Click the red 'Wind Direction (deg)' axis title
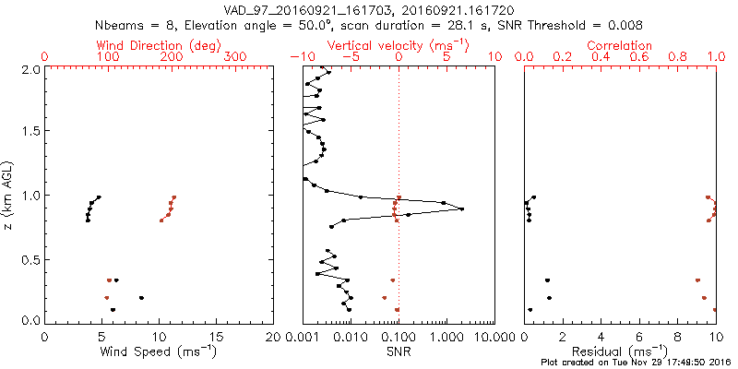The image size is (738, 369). (x=158, y=45)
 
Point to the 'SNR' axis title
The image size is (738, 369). (x=399, y=351)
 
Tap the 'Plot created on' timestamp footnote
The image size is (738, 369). (x=637, y=362)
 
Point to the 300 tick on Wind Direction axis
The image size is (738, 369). (x=236, y=57)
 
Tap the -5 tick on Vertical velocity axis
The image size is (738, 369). (x=349, y=57)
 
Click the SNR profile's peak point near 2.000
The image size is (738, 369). (x=461, y=209)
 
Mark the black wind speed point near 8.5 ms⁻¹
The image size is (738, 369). (x=141, y=298)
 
